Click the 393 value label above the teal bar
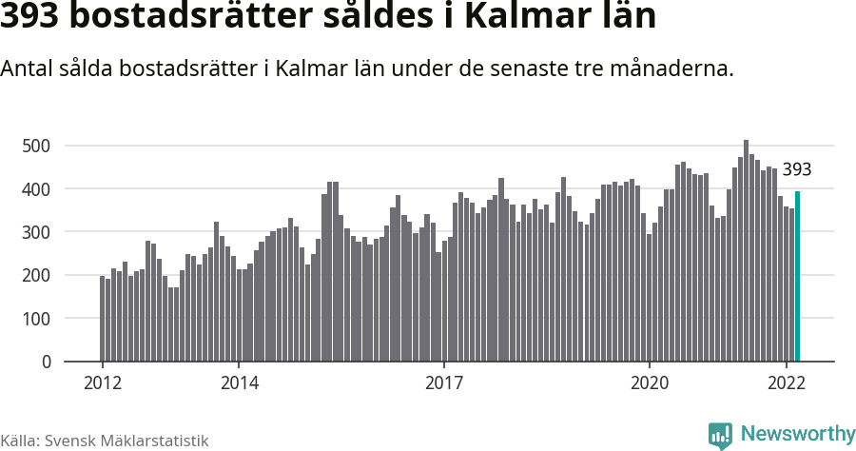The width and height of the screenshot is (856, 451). point(796,170)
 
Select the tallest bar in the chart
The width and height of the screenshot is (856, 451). point(746,251)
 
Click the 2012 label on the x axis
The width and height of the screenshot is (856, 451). point(103,383)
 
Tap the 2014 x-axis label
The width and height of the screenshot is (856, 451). point(239,383)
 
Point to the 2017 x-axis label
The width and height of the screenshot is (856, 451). point(444,383)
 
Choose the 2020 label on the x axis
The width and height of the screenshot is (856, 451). point(650,383)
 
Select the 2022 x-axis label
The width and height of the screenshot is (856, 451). point(787,383)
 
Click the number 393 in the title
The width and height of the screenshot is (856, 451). point(35,18)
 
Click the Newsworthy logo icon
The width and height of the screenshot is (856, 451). point(720,435)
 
